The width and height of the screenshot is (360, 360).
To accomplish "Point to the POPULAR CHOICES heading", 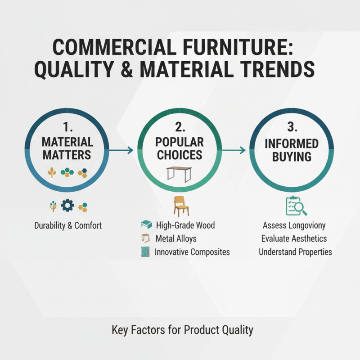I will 180,149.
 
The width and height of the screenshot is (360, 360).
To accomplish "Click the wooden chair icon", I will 180,207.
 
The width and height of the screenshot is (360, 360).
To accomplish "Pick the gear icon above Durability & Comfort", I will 67,206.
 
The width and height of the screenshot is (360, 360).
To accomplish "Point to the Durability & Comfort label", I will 68,225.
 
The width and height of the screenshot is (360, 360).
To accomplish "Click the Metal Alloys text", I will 175,238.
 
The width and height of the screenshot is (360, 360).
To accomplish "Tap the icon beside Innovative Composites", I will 145,252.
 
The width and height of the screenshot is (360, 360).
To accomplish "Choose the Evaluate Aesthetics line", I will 294,238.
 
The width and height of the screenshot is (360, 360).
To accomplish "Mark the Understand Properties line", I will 295,252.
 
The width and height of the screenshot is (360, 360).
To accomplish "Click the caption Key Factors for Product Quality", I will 182,330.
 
